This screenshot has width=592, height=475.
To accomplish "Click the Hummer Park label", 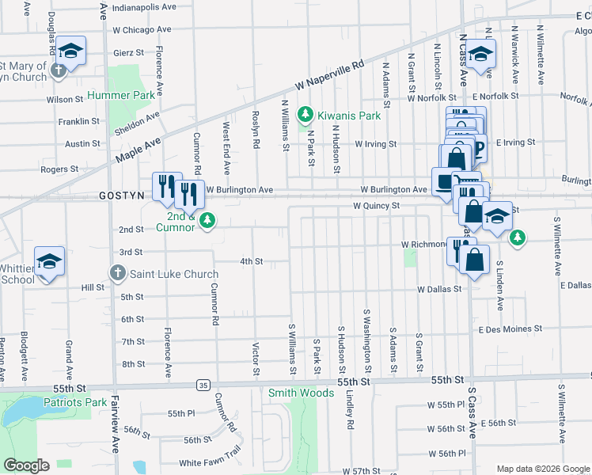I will (120, 95).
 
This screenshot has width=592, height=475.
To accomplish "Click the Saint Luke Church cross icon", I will (117, 274).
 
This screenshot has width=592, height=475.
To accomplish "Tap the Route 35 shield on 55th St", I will (203, 385).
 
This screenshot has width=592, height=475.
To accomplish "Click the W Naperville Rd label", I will (330, 76).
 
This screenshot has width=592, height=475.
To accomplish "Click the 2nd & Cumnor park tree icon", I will (207, 220).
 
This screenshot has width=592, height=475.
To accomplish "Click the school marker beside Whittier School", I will (49, 263).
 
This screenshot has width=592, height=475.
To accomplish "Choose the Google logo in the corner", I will (26, 465).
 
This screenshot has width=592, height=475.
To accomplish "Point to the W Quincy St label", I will (377, 206).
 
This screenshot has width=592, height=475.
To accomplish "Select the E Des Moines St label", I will (510, 328).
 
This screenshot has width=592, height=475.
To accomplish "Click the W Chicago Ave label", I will (142, 29).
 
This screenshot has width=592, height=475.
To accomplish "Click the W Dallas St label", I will (439, 289).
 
